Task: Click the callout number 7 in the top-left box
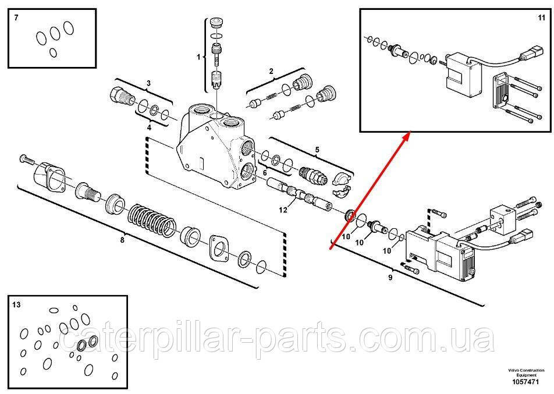coord(16,17)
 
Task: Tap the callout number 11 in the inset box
coord(542,17)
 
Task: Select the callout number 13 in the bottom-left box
coord(16,304)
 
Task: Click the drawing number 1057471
coord(526,382)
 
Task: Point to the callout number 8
coord(122,240)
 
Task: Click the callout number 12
coord(283,210)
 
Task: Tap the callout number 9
coord(390,278)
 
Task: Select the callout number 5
coord(317,150)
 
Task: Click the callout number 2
coord(271,72)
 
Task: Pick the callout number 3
coord(148,83)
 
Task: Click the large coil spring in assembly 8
coord(151,221)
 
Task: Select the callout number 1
coord(198,57)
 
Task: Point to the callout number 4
coord(149,127)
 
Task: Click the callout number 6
coord(265,173)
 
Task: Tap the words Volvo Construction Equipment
coord(526,372)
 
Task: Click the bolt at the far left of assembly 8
coord(27,159)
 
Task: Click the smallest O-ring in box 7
coord(53,52)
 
